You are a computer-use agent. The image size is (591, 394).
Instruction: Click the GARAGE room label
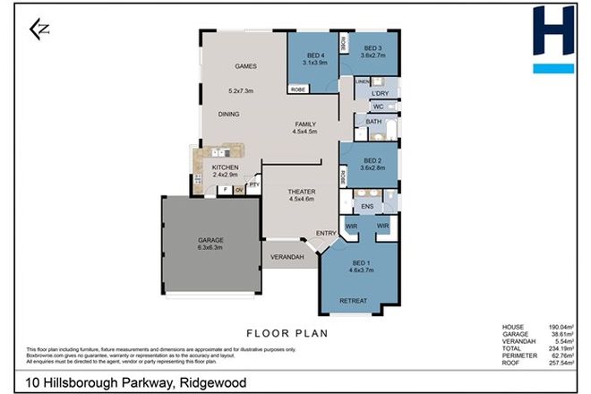(210, 240)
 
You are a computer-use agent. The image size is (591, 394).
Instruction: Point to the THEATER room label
(301, 192)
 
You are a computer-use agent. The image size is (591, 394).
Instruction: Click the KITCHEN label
(225, 168)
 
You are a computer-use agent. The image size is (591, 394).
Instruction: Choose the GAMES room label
(246, 67)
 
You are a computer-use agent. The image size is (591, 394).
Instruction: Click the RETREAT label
(353, 300)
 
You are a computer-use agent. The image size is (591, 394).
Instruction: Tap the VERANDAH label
(288, 258)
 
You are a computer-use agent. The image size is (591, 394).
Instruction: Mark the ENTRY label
(326, 235)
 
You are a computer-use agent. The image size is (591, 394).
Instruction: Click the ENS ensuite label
(367, 206)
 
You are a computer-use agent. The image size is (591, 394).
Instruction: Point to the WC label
(378, 107)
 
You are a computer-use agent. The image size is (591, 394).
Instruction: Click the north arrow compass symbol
(39, 30)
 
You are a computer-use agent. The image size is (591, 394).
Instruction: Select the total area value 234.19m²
(561, 345)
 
